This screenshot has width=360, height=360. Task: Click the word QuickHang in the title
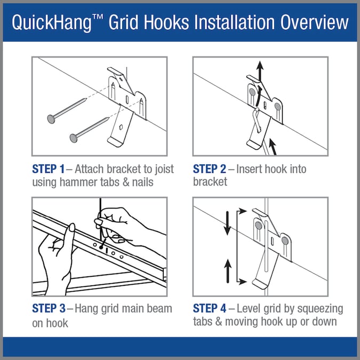pos(52,23)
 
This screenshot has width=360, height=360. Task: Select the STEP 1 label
pos(49,169)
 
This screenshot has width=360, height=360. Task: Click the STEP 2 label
pos(210,169)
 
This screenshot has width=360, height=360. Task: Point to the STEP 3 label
pos(49,308)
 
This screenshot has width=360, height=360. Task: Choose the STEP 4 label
pos(210,308)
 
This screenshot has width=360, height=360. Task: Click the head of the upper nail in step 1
pos(51,119)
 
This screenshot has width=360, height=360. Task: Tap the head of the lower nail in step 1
pos(74,138)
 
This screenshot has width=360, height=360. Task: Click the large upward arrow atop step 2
pos(260,71)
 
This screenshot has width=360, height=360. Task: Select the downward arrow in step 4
pos(227,223)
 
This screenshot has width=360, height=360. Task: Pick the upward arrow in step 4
pos(228,271)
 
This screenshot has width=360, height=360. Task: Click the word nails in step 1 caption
pos(143,182)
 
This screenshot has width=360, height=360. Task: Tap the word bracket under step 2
pos(210,182)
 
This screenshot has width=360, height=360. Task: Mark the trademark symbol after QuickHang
pos(98,17)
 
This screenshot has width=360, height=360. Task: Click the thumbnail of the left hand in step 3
pos(71,227)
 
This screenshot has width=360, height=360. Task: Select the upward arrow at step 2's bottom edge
pos(273,147)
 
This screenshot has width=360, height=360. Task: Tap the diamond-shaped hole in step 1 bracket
pos(122,127)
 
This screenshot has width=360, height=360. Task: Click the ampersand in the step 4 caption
pos(218,322)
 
